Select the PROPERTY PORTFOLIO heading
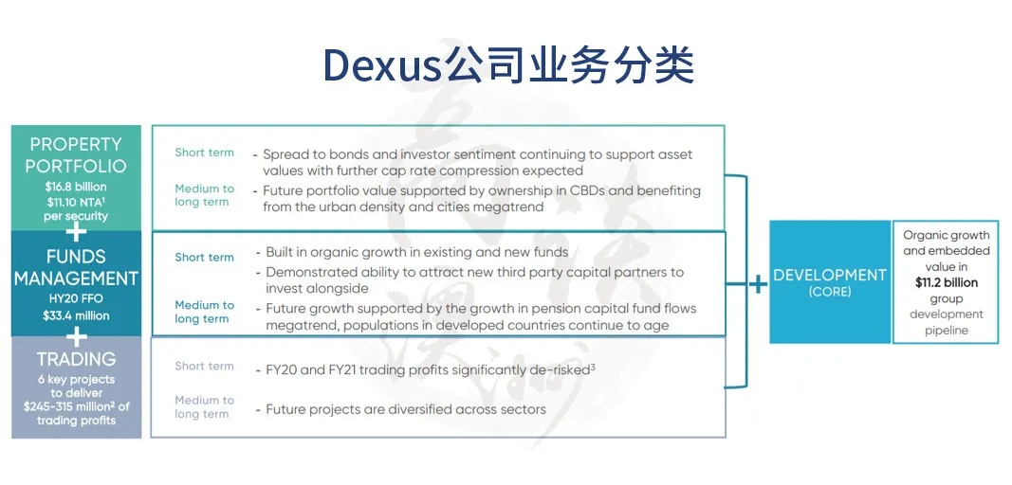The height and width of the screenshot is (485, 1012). (76, 154)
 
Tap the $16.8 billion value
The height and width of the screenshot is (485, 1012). (76, 187)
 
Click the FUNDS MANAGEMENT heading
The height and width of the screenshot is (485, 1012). (76, 268)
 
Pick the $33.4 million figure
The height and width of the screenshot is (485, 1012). (76, 316)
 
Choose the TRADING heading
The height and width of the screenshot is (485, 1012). (76, 359)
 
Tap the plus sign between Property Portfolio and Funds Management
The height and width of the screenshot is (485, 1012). (76, 230)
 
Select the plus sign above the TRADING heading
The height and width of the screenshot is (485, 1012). (76, 336)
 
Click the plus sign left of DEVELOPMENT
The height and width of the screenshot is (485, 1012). (758, 284)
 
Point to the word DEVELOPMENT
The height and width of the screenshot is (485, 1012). (829, 276)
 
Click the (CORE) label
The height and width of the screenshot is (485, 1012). (829, 292)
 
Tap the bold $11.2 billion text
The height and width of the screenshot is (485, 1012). (947, 282)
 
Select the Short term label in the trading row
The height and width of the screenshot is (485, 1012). (204, 366)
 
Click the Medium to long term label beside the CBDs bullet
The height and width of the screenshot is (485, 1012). (204, 195)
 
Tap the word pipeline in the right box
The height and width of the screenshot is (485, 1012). (947, 331)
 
